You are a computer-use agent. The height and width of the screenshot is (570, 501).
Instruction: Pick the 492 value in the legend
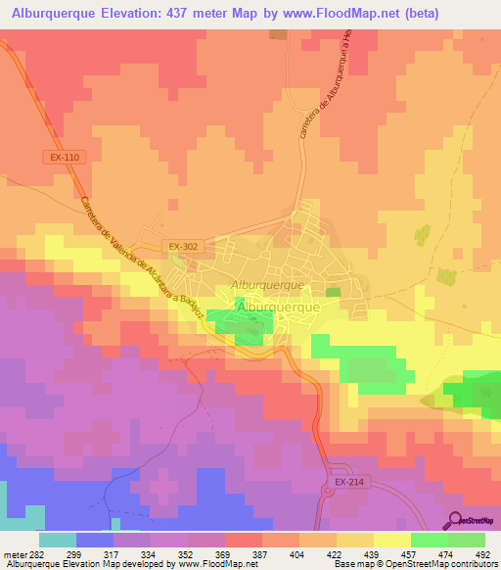[x=482, y=553]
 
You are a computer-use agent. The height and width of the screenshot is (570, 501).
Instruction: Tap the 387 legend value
[x=261, y=553]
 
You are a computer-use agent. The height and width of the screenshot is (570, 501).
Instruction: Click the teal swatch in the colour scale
[x=58, y=540]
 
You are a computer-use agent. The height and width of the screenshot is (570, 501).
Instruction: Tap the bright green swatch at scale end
[x=466, y=540]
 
